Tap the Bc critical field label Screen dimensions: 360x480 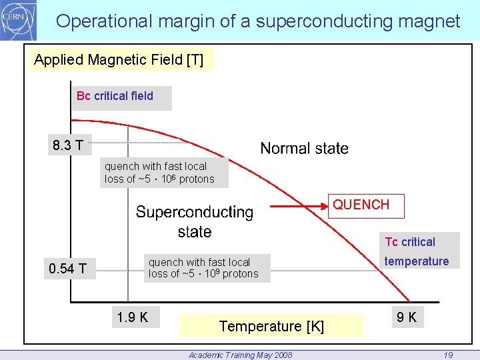pos(115,96)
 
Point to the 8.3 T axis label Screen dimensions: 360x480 pos(69,145)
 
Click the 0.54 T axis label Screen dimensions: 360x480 pos(67,269)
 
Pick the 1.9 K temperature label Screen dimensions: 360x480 pos(132,317)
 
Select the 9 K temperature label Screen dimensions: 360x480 pos(406,317)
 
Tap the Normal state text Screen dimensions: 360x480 pos(304,149)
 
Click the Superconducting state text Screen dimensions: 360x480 pos(195,222)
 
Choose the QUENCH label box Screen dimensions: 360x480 pos(361,205)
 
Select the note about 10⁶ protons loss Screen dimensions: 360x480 pos(159,173)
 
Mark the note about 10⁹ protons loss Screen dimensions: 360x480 pos(203,268)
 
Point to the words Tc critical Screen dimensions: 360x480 pos(410,242)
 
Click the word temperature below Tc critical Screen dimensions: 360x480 pos(416,261)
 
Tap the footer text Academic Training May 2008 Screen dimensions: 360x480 pos(240,355)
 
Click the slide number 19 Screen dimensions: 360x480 pos(448,355)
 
